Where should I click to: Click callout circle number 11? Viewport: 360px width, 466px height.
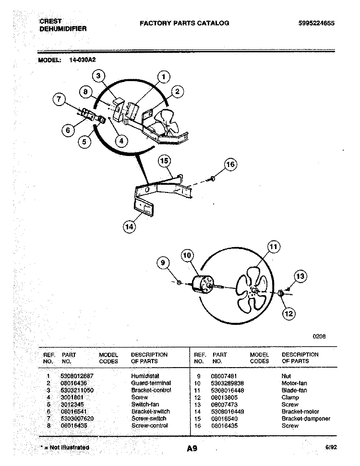(273, 247)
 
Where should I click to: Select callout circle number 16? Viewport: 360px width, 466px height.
(230, 165)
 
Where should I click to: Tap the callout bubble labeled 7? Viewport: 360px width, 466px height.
(59, 100)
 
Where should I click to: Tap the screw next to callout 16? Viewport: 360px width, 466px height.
(212, 179)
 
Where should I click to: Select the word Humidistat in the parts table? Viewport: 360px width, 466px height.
(145, 376)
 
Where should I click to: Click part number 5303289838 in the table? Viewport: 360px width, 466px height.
(228, 383)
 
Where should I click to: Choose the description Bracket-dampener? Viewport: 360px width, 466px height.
(306, 418)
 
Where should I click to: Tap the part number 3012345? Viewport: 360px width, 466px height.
(71, 404)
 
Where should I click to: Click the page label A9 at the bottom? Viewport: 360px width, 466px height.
(192, 449)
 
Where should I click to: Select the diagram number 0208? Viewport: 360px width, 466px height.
(319, 336)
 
